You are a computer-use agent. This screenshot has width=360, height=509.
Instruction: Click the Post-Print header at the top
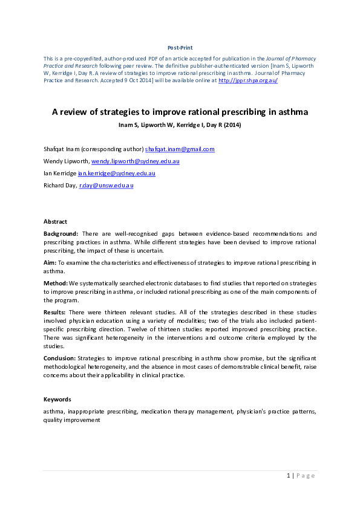coord(180,47)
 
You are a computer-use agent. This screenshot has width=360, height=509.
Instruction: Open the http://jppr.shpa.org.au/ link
coord(248,80)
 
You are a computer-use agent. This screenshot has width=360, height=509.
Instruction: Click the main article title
coord(180,112)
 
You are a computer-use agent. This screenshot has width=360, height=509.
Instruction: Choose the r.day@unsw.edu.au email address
coord(106,186)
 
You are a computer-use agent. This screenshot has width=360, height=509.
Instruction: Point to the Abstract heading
coord(55,222)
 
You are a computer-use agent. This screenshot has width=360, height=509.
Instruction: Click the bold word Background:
coord(61,233)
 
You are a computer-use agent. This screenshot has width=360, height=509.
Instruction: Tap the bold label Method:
coord(55,283)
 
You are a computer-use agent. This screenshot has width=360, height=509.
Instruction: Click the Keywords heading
coord(57,400)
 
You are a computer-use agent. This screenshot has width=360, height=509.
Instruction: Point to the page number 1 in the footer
coord(289,476)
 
